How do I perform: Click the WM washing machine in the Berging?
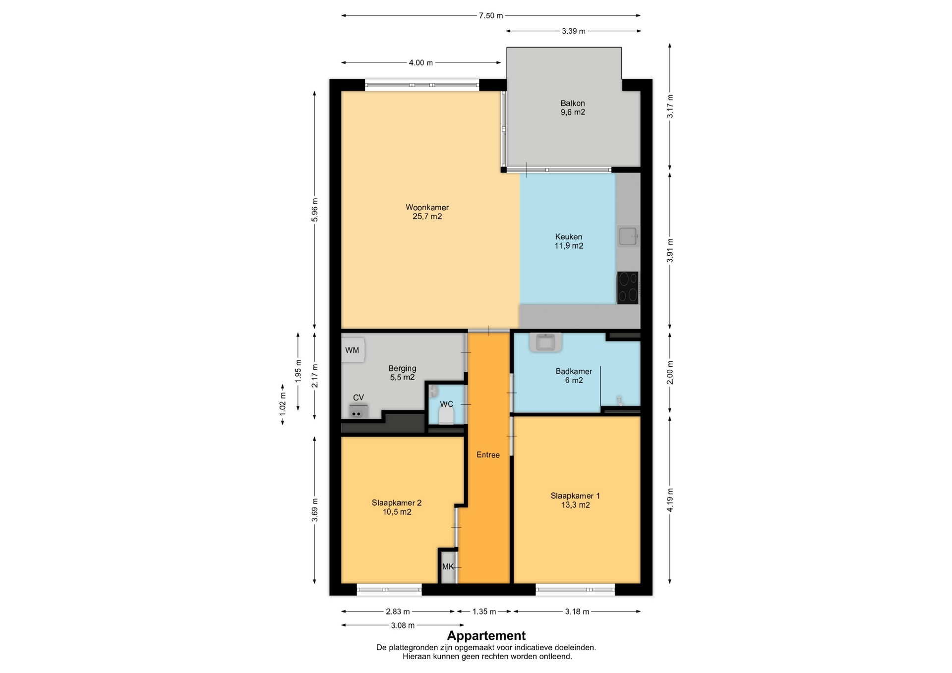(x=353, y=350)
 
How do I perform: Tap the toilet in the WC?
(x=446, y=416)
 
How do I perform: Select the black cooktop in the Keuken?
(x=628, y=287)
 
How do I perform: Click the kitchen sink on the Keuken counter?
(x=628, y=236)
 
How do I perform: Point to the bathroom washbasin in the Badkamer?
(x=545, y=342)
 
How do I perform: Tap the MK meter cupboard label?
(x=448, y=566)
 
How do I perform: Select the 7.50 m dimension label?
(x=491, y=16)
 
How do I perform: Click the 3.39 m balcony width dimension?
(x=574, y=31)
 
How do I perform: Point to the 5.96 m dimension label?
(x=315, y=210)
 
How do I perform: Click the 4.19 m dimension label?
(x=670, y=500)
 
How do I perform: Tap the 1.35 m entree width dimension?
(x=484, y=612)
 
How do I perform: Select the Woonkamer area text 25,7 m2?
(x=427, y=217)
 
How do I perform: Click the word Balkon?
(x=573, y=103)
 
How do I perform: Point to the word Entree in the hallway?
(x=488, y=454)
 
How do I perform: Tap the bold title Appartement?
(x=486, y=635)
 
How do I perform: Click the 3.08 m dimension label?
(x=403, y=625)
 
